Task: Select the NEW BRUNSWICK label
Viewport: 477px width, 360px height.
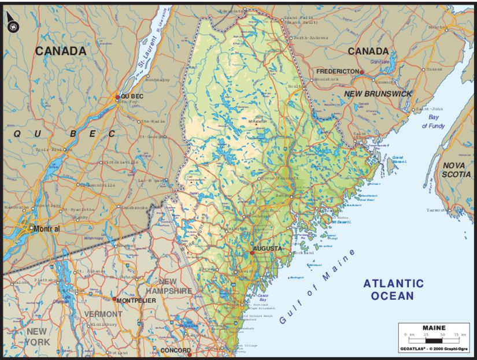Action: (x=378, y=94)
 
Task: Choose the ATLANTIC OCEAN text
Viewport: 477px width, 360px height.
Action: (x=393, y=290)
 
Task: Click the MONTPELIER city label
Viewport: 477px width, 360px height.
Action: (x=136, y=301)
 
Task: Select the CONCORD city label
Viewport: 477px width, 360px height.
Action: (x=175, y=351)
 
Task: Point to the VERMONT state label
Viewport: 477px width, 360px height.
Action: (x=103, y=314)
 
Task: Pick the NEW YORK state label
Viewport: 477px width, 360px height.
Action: (x=38, y=336)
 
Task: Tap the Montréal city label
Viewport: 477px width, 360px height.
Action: (x=47, y=228)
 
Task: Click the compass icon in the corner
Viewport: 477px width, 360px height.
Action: (x=11, y=25)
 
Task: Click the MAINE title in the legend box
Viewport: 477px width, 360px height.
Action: (x=434, y=328)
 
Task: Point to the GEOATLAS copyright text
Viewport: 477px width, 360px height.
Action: (x=434, y=349)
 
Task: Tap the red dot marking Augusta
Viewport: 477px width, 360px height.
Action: (x=252, y=253)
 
